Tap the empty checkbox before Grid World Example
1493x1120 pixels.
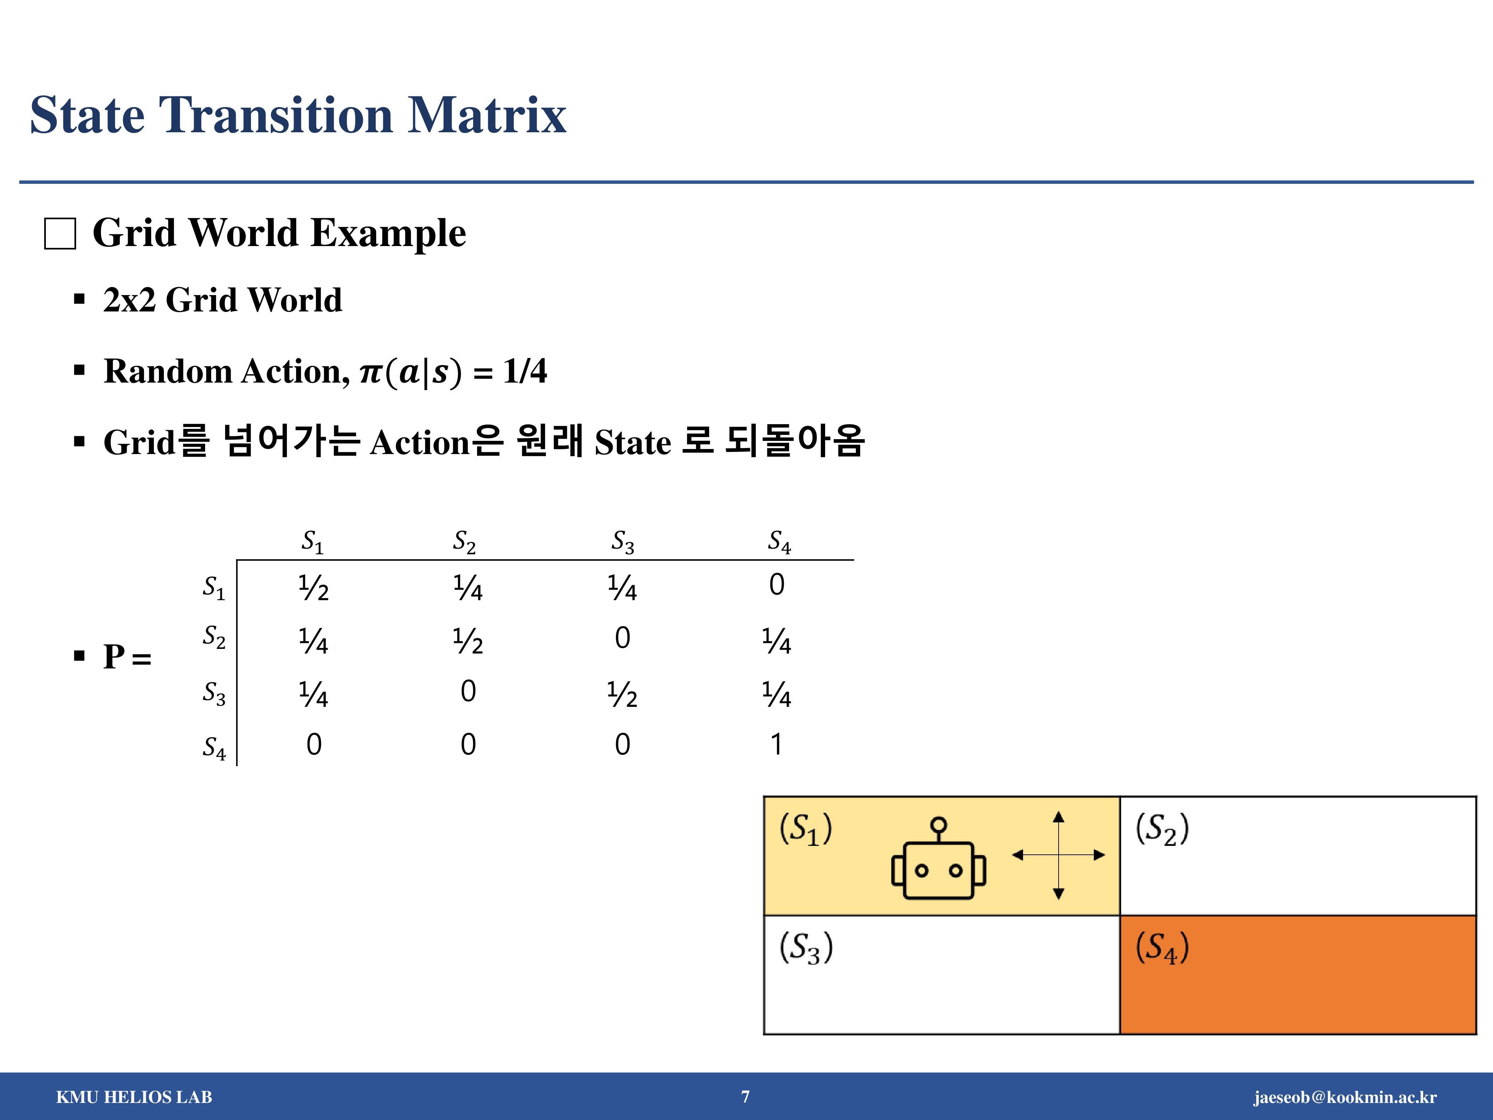(60, 234)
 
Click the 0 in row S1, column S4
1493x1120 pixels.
(777, 585)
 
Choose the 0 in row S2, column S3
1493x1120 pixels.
(622, 638)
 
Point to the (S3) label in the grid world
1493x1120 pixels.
(806, 948)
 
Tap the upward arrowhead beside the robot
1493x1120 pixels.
(1058, 817)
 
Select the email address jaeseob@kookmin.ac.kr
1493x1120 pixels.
(1345, 1097)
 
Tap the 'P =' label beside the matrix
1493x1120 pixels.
(127, 656)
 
